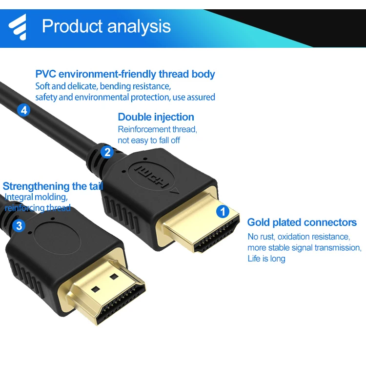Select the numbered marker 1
223,212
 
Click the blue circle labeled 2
107,152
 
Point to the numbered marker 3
19,225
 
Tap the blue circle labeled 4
23,110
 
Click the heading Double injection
156,117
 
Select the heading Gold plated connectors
302,222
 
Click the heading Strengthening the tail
53,186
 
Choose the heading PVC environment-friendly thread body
125,74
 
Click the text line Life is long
266,259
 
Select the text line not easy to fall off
149,140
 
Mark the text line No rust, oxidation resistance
299,237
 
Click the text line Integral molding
36,197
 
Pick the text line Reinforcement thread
157,129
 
